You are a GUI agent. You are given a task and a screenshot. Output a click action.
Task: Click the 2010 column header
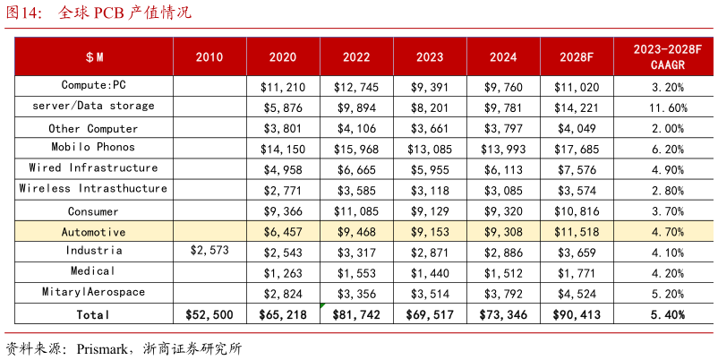[x=209, y=57]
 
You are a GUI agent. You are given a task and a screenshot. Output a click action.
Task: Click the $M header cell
[x=95, y=57]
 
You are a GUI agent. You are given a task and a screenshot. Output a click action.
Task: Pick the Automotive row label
[x=93, y=231]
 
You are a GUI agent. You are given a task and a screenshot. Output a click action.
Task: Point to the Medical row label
[x=93, y=271]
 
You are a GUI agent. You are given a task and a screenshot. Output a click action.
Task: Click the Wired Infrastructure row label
[x=93, y=168]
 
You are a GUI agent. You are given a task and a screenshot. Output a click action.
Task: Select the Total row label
[x=93, y=314]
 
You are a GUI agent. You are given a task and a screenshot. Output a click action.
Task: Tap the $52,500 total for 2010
[x=209, y=314]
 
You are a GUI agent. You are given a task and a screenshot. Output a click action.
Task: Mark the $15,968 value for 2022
[x=356, y=149]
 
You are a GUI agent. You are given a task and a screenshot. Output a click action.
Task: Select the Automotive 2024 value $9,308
[x=503, y=231]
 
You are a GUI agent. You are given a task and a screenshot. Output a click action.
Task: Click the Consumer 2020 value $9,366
[x=283, y=210]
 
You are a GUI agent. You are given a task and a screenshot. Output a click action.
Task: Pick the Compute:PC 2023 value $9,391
[x=430, y=87]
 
